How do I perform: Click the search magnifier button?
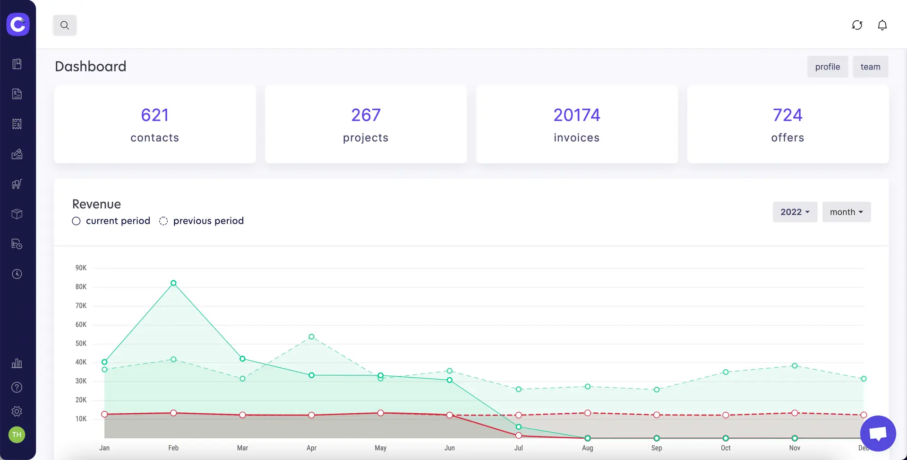65,26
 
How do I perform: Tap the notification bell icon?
882,25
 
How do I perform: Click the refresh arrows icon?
857,25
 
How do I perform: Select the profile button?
827,67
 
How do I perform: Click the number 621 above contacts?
154,115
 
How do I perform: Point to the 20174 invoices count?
576,115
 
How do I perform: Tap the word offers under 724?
787,138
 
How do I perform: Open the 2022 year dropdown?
795,212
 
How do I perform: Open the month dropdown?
846,212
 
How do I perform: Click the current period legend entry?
111,221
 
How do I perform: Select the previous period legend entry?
202,221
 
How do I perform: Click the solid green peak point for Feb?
173,283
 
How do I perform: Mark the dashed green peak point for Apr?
311,337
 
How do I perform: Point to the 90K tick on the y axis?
81,268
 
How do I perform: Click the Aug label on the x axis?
587,448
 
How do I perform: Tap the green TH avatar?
17,434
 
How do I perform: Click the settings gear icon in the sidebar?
17,411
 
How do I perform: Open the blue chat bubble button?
878,433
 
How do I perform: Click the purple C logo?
18,24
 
